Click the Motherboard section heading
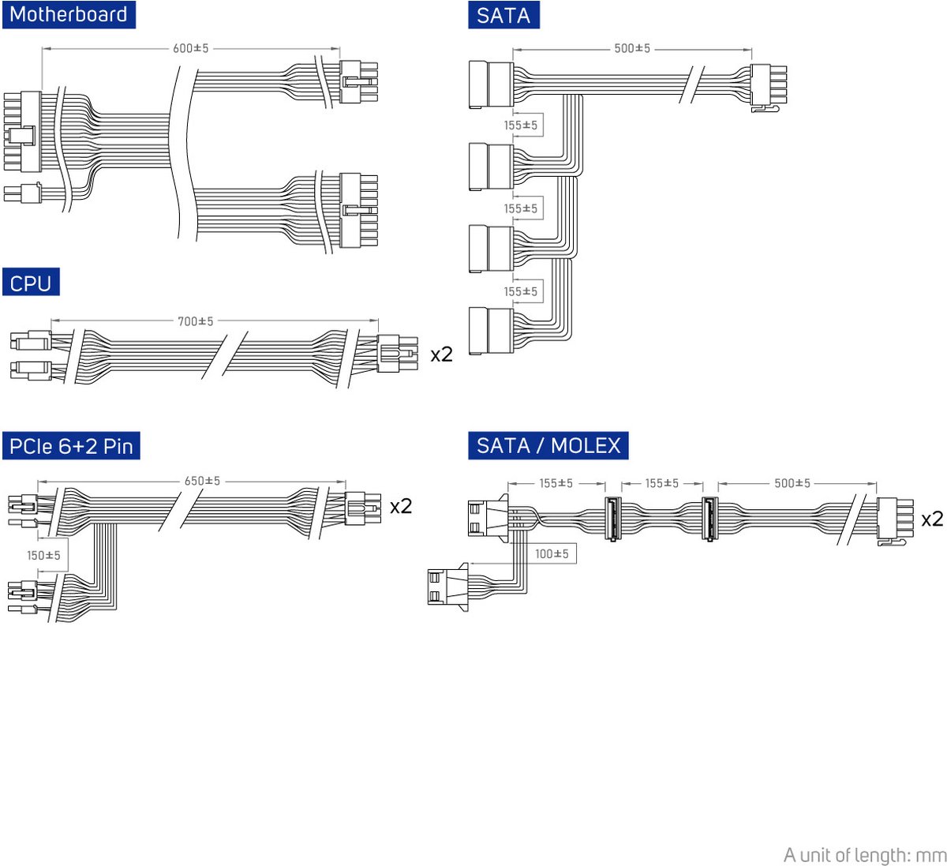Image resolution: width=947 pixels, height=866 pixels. tap(69, 15)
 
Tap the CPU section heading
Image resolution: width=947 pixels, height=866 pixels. tap(31, 283)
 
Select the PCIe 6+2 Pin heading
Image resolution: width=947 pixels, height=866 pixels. tap(71, 446)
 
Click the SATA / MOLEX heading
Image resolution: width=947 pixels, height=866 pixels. tap(548, 445)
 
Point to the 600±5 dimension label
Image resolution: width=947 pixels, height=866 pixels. tap(191, 49)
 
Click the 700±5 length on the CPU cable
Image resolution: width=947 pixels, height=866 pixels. tap(195, 321)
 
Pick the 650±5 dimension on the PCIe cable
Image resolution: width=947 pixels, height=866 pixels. tap(202, 481)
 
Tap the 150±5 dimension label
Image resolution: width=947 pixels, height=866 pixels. tap(43, 556)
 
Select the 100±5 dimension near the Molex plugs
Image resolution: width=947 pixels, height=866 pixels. tap(552, 554)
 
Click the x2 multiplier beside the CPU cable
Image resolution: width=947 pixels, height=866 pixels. tap(441, 354)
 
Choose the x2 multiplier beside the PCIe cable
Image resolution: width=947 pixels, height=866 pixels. tap(401, 506)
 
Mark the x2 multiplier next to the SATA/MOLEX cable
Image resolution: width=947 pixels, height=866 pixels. tap(932, 519)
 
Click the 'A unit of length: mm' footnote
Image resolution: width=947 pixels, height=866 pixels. tap(864, 855)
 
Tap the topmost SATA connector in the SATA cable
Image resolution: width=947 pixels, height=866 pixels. tap(490, 84)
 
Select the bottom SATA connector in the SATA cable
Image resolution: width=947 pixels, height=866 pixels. tap(490, 332)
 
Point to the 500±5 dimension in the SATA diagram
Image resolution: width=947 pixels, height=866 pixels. tap(632, 49)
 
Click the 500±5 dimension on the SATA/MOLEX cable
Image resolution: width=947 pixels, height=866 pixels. tap(792, 483)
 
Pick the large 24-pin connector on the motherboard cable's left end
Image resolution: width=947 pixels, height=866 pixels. tap(23, 132)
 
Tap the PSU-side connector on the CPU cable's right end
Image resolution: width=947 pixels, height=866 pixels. tap(397, 353)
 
